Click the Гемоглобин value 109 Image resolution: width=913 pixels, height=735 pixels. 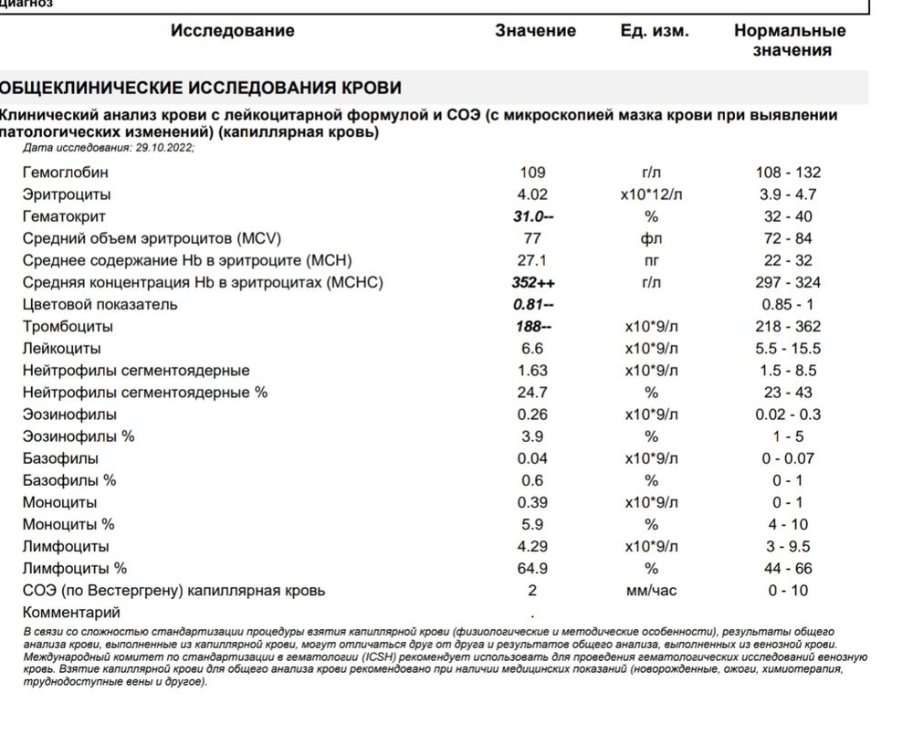click(x=531, y=173)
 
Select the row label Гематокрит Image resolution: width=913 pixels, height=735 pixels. click(x=64, y=216)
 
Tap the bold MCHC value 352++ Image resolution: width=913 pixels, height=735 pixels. click(x=534, y=283)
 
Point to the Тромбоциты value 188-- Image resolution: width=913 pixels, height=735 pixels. click(x=534, y=327)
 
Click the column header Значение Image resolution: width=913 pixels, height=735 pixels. click(x=535, y=31)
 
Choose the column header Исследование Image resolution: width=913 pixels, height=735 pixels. click(x=232, y=31)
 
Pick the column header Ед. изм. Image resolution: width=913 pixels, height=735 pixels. click(x=654, y=31)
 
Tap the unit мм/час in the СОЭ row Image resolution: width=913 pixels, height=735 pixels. click(x=651, y=591)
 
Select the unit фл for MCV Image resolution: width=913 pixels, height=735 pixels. click(x=651, y=239)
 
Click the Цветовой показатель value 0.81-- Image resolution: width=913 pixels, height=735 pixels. click(x=534, y=305)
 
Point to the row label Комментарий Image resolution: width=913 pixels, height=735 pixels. click(x=71, y=613)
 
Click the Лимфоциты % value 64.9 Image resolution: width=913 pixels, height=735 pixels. click(x=531, y=569)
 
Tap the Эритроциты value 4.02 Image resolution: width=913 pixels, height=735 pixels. click(x=531, y=194)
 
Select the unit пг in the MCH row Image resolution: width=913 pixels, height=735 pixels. click(x=651, y=261)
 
